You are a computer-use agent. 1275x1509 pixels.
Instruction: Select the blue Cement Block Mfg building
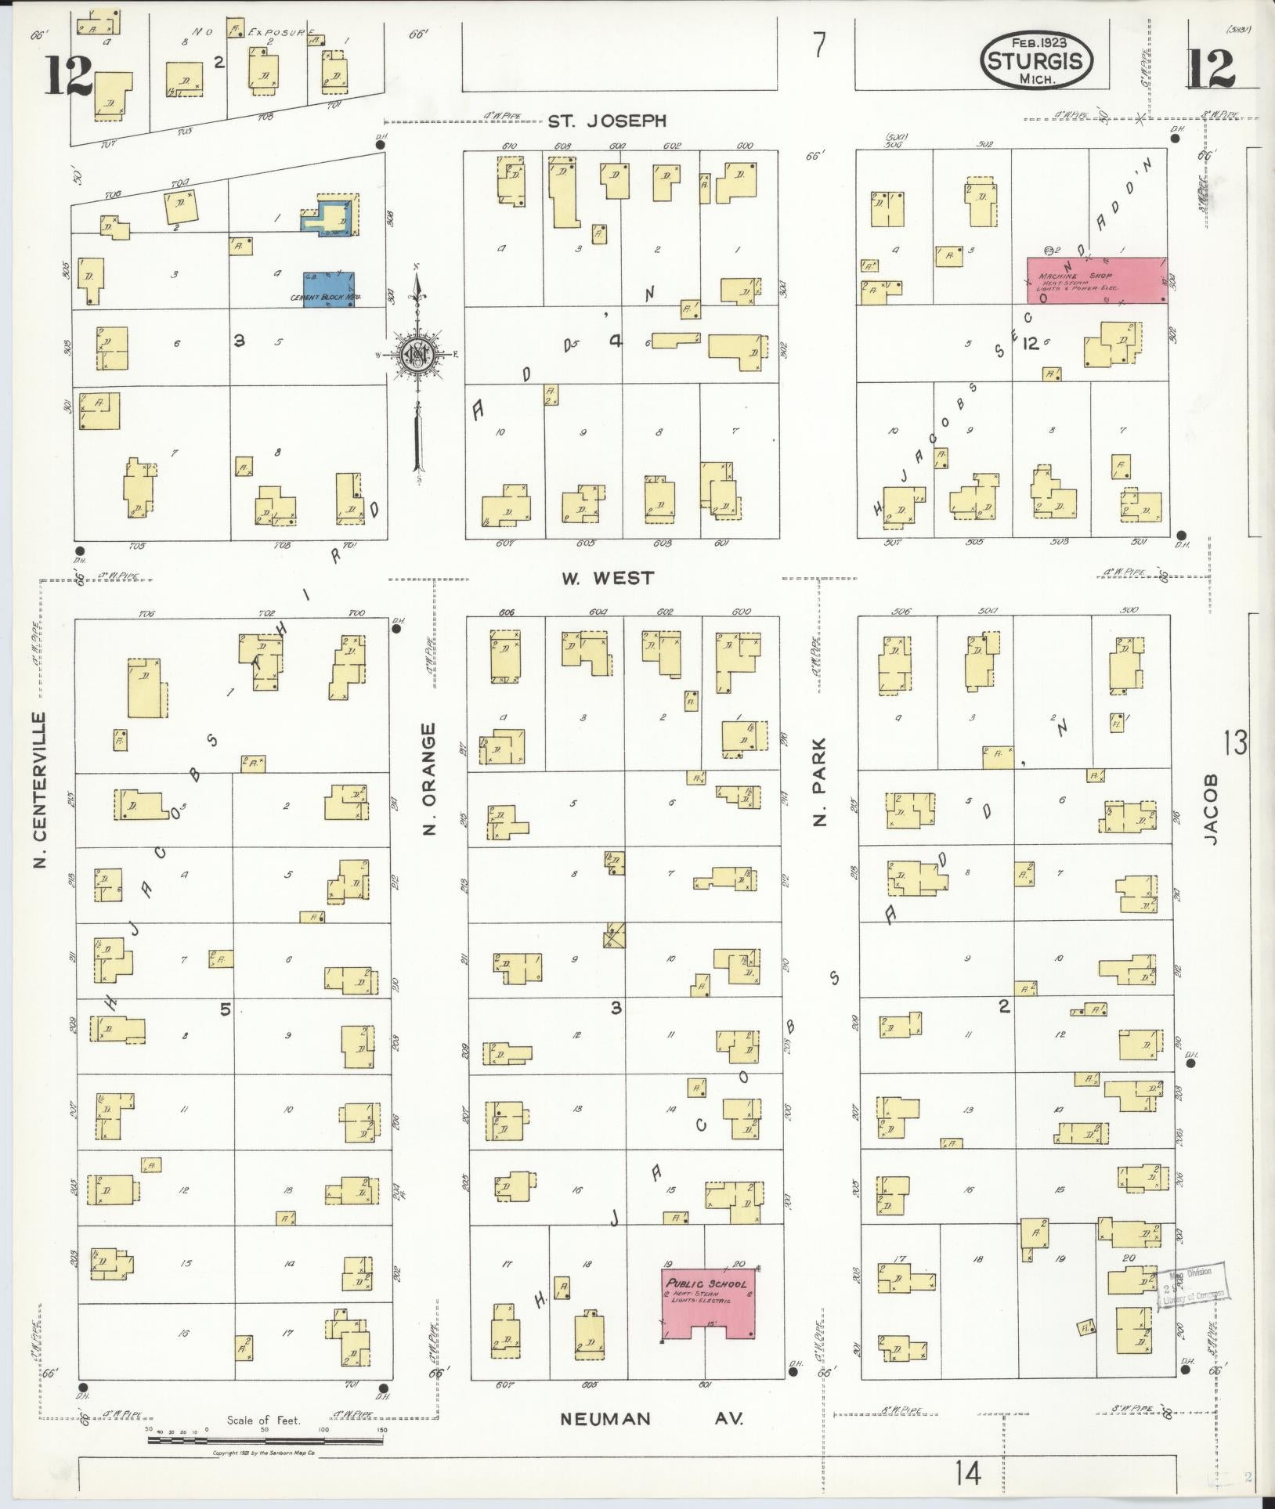point(329,290)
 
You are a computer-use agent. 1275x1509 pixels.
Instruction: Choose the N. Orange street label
point(428,779)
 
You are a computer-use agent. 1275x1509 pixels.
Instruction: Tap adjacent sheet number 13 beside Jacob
point(1235,742)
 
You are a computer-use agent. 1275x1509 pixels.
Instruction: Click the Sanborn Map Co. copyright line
point(264,1453)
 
